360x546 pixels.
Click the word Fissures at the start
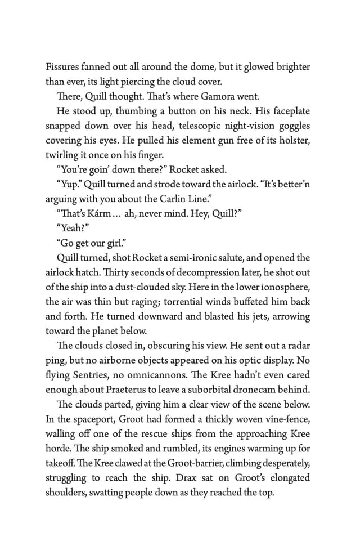(x=63, y=67)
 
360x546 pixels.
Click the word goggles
(x=289, y=126)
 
